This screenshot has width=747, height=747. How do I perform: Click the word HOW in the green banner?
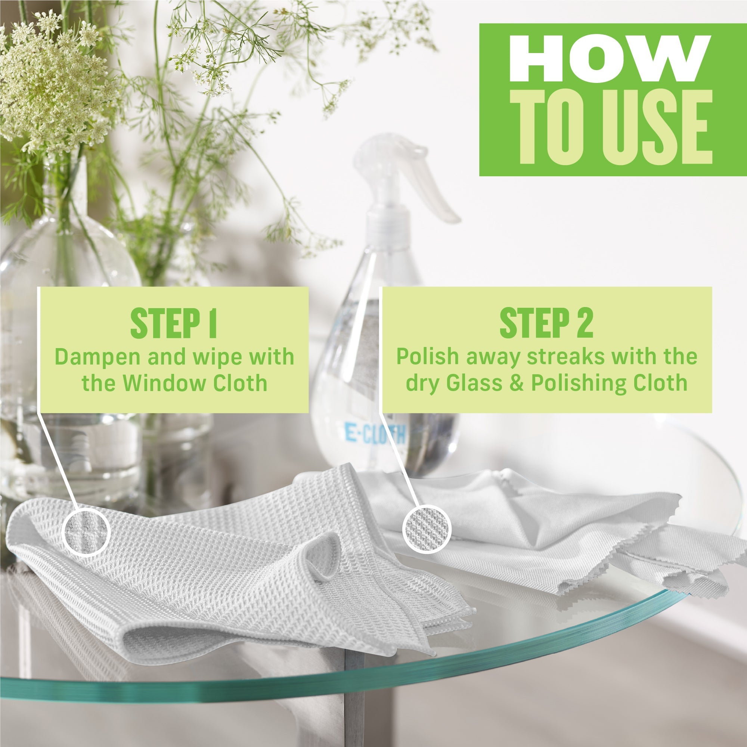(610, 59)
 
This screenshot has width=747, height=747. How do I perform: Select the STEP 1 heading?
(174, 324)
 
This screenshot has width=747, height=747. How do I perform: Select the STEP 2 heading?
(546, 324)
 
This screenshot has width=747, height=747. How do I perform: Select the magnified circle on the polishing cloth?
(427, 529)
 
